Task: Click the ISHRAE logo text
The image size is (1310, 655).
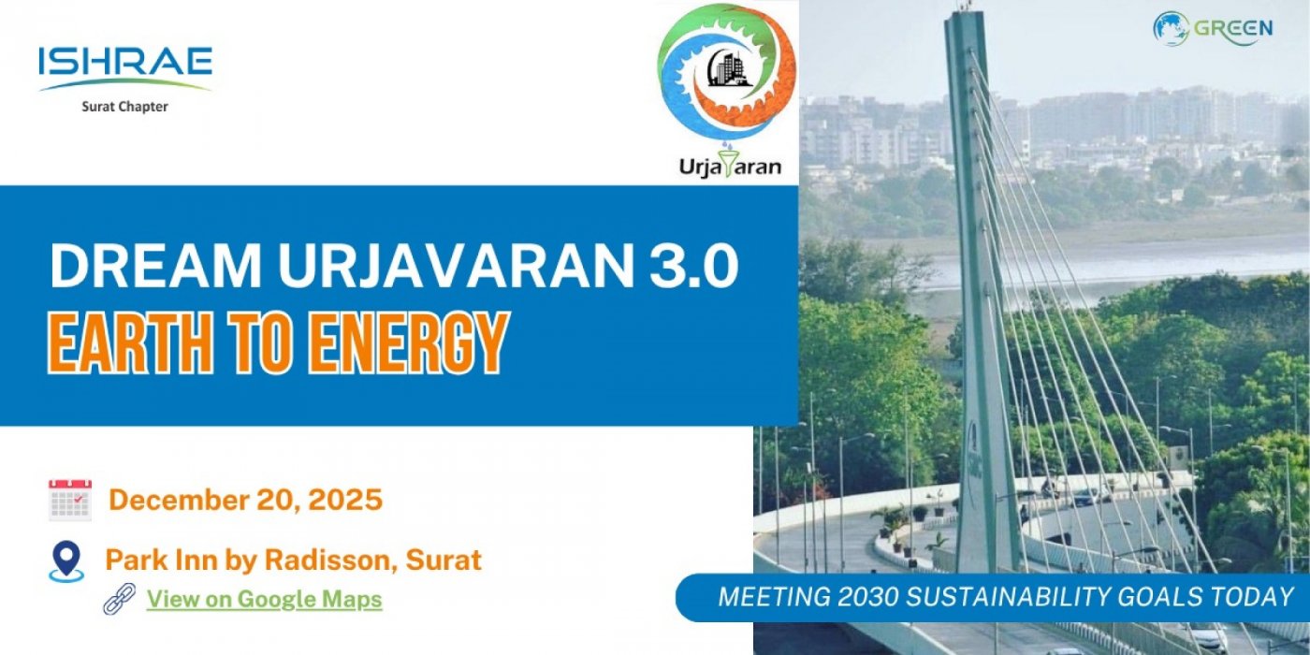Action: point(125,64)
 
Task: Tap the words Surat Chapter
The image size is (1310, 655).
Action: point(124,107)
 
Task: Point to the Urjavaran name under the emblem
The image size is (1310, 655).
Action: point(731,167)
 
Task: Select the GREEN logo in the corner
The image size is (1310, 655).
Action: point(1213,28)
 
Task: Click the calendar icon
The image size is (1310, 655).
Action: point(69,500)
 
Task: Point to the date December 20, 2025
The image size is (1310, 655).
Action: point(246,500)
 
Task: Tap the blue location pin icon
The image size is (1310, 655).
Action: point(65,560)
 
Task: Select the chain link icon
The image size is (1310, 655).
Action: point(119,599)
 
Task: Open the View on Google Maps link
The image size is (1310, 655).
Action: point(264,600)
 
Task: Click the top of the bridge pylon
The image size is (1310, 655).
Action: point(965,19)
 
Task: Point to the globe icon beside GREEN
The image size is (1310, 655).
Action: point(1170,28)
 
